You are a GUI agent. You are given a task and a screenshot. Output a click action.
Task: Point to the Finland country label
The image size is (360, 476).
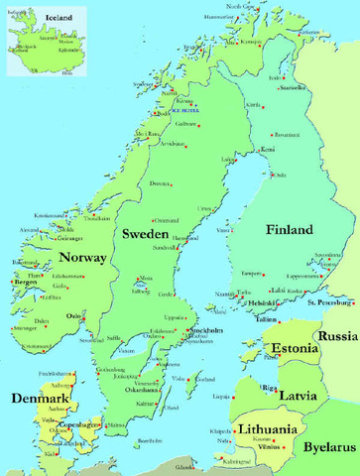(x=289, y=230)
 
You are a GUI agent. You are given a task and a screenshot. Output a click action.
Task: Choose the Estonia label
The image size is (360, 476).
(x=293, y=348)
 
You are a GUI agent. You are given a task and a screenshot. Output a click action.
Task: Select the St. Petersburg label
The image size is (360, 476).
(x=330, y=301)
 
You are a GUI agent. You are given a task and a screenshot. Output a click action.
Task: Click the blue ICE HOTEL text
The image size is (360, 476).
(x=185, y=109)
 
